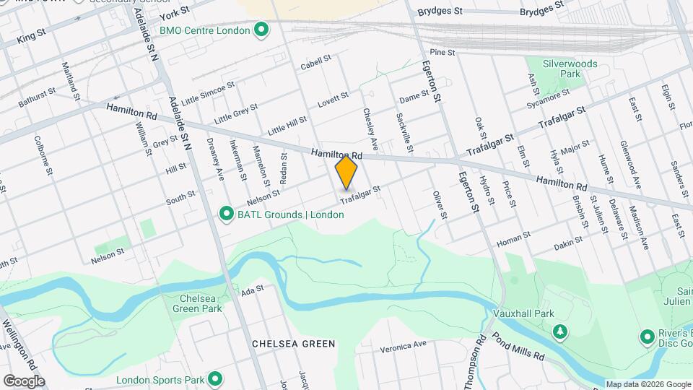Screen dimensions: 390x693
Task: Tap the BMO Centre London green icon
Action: click(x=261, y=30)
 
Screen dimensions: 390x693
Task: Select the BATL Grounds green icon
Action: click(x=226, y=214)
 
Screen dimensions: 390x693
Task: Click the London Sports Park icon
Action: click(x=214, y=378)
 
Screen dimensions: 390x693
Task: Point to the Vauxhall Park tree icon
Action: click(x=560, y=331)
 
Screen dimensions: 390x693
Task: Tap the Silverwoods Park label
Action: click(x=570, y=69)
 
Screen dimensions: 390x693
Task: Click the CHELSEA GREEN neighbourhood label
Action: click(x=294, y=344)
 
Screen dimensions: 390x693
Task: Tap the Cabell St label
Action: click(x=315, y=62)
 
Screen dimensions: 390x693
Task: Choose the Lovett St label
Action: click(x=333, y=99)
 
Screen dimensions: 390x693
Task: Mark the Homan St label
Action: click(x=513, y=235)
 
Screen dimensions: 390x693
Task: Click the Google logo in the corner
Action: click(x=24, y=381)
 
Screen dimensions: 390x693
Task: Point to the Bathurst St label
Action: click(x=37, y=98)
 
